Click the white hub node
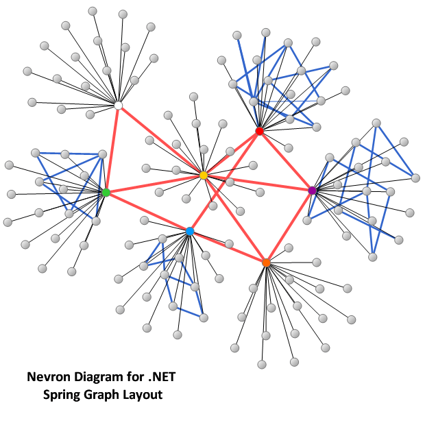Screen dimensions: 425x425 point(118,106)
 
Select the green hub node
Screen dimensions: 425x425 point(106,193)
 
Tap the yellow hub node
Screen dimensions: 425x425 point(204,175)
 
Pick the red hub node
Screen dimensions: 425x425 point(259,131)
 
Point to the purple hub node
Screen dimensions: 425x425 point(313,190)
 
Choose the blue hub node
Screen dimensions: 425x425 point(190,232)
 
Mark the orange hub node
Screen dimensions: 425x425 point(266,263)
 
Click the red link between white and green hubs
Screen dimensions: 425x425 point(112,149)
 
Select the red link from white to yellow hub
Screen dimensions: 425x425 point(160,141)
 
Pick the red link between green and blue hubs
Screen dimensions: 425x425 point(147,212)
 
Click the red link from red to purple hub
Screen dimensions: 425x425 point(286,160)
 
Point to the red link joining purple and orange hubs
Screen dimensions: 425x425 point(289,226)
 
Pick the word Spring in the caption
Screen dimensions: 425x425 point(62,395)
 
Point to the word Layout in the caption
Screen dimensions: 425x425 point(143,395)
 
